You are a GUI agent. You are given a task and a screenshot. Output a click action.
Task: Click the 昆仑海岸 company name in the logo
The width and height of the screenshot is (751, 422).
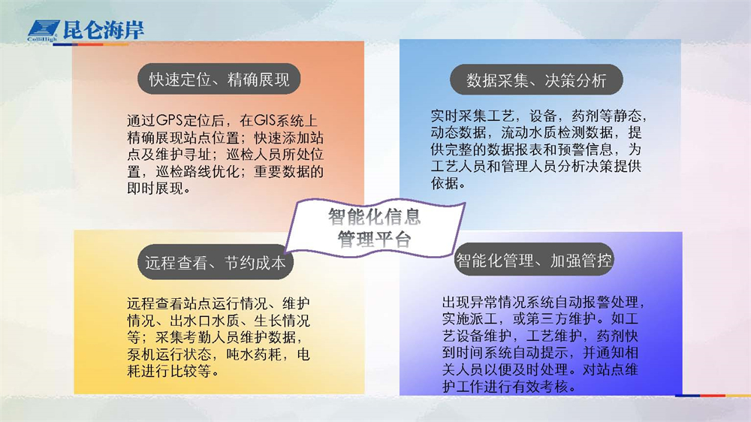103,30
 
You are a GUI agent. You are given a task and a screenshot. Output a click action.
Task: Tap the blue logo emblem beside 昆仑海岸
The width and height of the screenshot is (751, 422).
43,31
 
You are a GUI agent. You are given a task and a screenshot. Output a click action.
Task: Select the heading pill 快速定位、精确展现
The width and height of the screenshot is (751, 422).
219,79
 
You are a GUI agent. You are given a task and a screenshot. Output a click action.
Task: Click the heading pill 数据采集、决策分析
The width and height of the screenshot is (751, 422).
536,80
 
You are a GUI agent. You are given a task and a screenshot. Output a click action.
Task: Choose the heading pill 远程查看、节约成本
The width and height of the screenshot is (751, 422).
215,262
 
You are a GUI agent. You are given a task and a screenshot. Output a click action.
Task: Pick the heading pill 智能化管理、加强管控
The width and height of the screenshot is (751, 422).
533,260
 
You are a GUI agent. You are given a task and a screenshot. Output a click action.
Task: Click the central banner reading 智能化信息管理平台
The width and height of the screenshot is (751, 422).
375,228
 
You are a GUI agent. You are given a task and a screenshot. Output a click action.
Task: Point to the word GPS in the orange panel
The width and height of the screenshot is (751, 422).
170,119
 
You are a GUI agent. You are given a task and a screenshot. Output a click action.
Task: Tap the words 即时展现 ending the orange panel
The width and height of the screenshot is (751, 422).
155,188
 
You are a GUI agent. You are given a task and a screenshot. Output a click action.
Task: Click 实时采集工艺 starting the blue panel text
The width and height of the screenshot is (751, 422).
472,116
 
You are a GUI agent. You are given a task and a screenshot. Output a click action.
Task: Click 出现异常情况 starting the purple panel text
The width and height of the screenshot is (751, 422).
484,302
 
